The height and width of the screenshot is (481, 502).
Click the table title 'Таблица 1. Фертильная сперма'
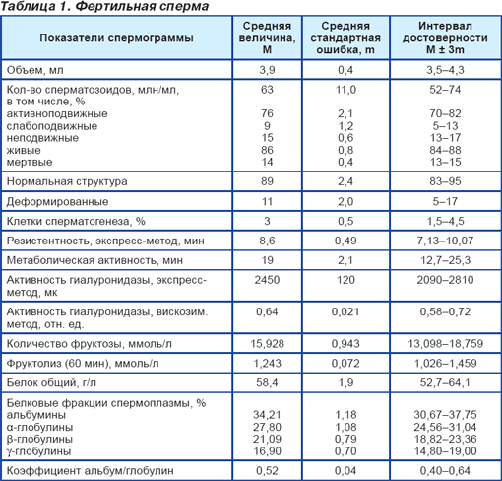pyautogui.click(x=104, y=7)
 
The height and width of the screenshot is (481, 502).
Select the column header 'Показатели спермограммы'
pyautogui.click(x=116, y=38)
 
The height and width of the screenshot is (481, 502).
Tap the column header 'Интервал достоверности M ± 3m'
pyautogui.click(x=445, y=37)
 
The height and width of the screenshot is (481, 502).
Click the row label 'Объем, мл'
pyautogui.click(x=35, y=70)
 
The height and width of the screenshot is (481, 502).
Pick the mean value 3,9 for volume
pyautogui.click(x=267, y=70)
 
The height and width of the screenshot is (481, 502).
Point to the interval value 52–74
pyautogui.click(x=445, y=90)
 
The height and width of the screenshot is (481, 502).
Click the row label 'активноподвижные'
pyautogui.click(x=57, y=113)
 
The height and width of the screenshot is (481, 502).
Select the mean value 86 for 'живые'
pyautogui.click(x=267, y=150)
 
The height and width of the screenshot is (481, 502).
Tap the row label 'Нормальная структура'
pyautogui.click(x=67, y=181)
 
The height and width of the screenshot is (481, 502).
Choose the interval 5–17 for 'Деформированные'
pyautogui.click(x=445, y=201)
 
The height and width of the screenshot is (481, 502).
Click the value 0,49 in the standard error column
pyautogui.click(x=345, y=240)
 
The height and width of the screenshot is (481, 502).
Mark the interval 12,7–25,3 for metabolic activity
pyautogui.click(x=445, y=260)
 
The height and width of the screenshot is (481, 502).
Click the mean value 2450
pyautogui.click(x=267, y=280)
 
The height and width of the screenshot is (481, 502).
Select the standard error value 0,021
pyautogui.click(x=345, y=311)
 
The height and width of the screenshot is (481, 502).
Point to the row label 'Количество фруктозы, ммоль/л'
pyautogui.click(x=90, y=344)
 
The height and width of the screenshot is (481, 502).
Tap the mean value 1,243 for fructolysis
pyautogui.click(x=267, y=363)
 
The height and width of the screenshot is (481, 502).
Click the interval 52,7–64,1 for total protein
pyautogui.click(x=445, y=382)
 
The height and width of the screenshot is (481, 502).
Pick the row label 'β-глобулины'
pyautogui.click(x=39, y=440)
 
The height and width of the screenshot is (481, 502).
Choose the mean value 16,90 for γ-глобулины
pyautogui.click(x=267, y=451)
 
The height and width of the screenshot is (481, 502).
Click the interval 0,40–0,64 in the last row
pyautogui.click(x=445, y=471)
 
